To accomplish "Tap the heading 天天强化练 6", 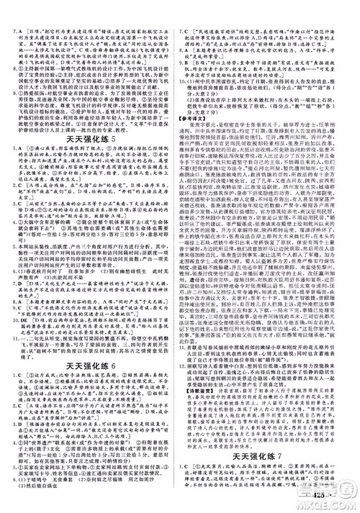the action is click(x=89, y=345).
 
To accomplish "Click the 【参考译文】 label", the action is click(x=198, y=117).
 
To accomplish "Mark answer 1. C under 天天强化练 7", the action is click(x=189, y=466).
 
